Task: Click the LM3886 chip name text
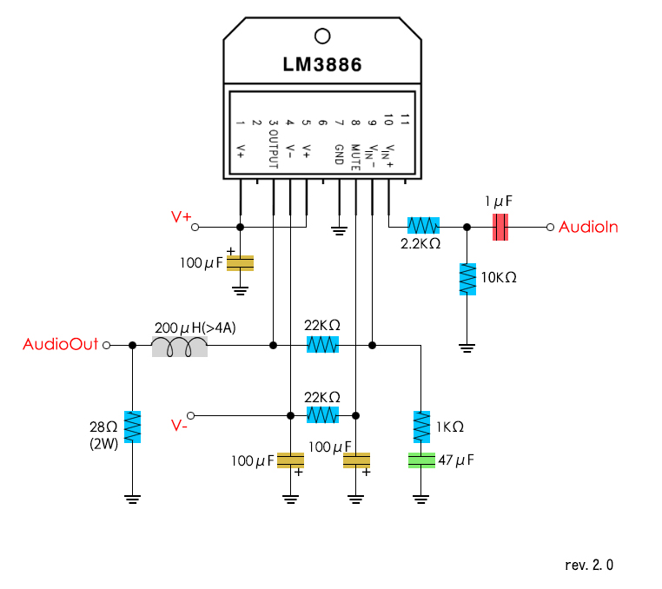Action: (x=322, y=65)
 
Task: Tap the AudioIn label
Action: (x=588, y=227)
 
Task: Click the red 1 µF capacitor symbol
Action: (x=500, y=227)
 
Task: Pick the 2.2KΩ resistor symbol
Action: (x=424, y=227)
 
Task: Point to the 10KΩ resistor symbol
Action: (x=467, y=279)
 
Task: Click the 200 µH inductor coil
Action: (x=180, y=347)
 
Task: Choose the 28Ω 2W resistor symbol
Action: (x=132, y=427)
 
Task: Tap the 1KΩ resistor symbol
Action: (x=421, y=427)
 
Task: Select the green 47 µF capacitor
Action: (x=421, y=460)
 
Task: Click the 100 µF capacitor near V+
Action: (x=241, y=262)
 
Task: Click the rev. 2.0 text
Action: (x=589, y=565)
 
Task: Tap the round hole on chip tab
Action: (x=322, y=36)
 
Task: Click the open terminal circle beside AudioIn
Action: (x=550, y=227)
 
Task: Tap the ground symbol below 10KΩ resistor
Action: (x=467, y=347)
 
